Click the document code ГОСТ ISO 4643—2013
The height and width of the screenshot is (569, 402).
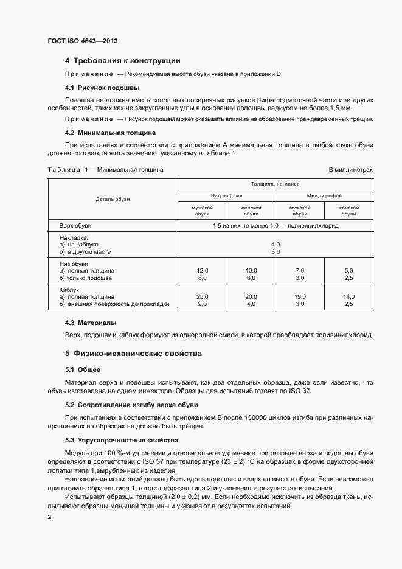(82, 41)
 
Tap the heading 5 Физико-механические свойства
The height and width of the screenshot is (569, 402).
(133, 354)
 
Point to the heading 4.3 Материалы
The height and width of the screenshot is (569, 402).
(91, 323)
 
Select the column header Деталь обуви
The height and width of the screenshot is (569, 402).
(113, 199)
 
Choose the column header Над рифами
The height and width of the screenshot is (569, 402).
(226, 195)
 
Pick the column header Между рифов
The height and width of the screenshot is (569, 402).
(324, 195)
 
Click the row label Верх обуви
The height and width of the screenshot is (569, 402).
(75, 225)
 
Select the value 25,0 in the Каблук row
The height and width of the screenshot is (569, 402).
(202, 296)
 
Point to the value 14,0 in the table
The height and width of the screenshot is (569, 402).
(348, 296)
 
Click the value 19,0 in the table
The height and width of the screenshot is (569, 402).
(300, 296)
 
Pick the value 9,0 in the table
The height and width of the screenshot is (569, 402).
(202, 304)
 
